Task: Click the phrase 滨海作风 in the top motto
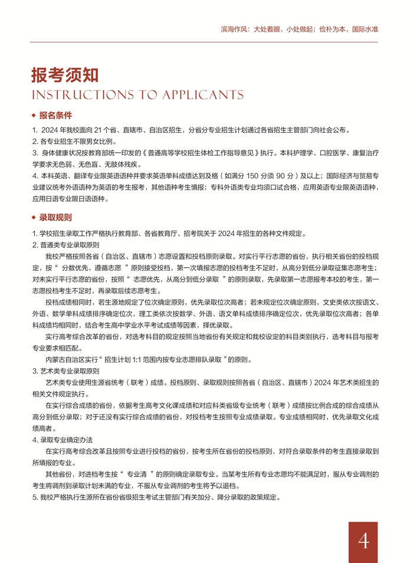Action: click(x=235, y=28)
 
